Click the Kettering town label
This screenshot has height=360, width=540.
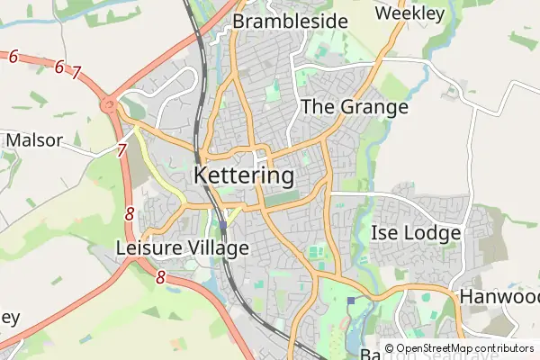point(243,174)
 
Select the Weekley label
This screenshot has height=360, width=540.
point(409,13)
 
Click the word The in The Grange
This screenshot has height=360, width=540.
point(317,106)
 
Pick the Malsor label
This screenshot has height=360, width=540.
point(34,140)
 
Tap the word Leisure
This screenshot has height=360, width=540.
point(149,247)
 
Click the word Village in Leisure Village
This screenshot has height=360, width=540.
point(217,247)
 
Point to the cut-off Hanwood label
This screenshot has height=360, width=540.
point(499,296)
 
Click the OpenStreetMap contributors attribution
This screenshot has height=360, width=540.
point(459,348)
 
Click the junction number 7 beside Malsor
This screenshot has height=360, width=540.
point(121,150)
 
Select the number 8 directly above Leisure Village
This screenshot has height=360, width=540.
point(130,214)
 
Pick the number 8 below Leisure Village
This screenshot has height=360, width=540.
point(160,278)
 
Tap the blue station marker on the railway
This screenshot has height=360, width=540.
point(222,225)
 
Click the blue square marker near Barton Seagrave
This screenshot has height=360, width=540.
point(350,301)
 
